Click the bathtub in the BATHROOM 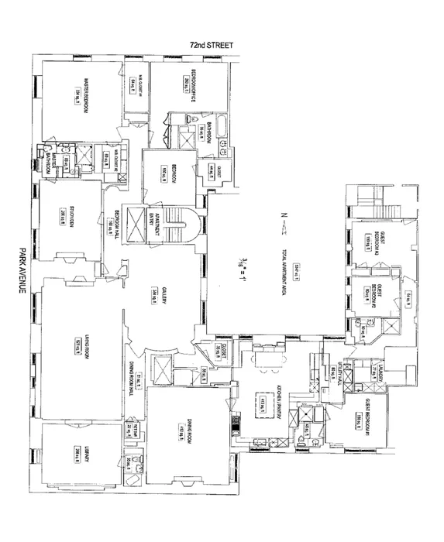pyautogui.click(x=219, y=127)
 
